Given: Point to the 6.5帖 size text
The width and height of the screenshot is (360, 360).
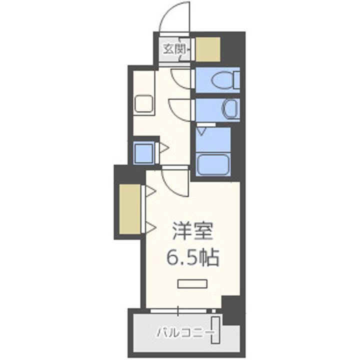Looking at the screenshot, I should (x=193, y=257).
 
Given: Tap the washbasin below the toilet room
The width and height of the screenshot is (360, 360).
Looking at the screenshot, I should (x=230, y=108).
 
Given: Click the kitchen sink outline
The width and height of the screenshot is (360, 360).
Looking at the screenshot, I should (x=145, y=104).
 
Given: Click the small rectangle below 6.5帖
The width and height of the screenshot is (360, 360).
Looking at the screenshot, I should (x=192, y=283).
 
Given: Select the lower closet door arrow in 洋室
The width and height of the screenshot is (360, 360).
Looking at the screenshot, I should (x=149, y=226).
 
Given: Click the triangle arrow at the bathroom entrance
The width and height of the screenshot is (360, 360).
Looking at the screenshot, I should (x=201, y=130).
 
